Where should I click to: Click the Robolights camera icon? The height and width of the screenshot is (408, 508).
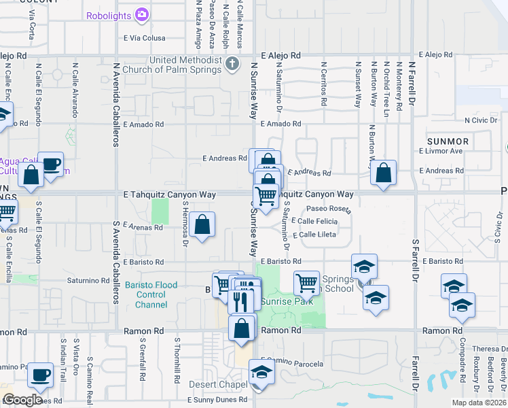pyautogui.click(x=142, y=14)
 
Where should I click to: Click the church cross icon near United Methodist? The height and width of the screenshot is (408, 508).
pyautogui.click(x=233, y=65)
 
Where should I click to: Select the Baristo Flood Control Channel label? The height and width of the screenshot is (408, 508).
pyautogui.click(x=151, y=295)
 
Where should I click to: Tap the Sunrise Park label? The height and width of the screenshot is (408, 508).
pyautogui.click(x=289, y=301)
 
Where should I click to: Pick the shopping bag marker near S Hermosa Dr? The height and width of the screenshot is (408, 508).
pyautogui.click(x=202, y=224)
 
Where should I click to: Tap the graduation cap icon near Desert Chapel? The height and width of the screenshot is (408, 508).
pyautogui.click(x=260, y=372)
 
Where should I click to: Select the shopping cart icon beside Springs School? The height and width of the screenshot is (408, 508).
pyautogui.click(x=306, y=282)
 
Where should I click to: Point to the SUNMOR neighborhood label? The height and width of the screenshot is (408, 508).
pyautogui.click(x=448, y=141)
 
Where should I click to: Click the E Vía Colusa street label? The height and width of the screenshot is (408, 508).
pyautogui.click(x=145, y=38)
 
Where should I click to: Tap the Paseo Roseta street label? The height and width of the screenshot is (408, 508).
pyautogui.click(x=327, y=209)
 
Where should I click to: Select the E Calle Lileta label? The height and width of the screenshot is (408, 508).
pyautogui.click(x=314, y=235)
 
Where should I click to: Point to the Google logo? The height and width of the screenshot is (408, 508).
pyautogui.click(x=22, y=400)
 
